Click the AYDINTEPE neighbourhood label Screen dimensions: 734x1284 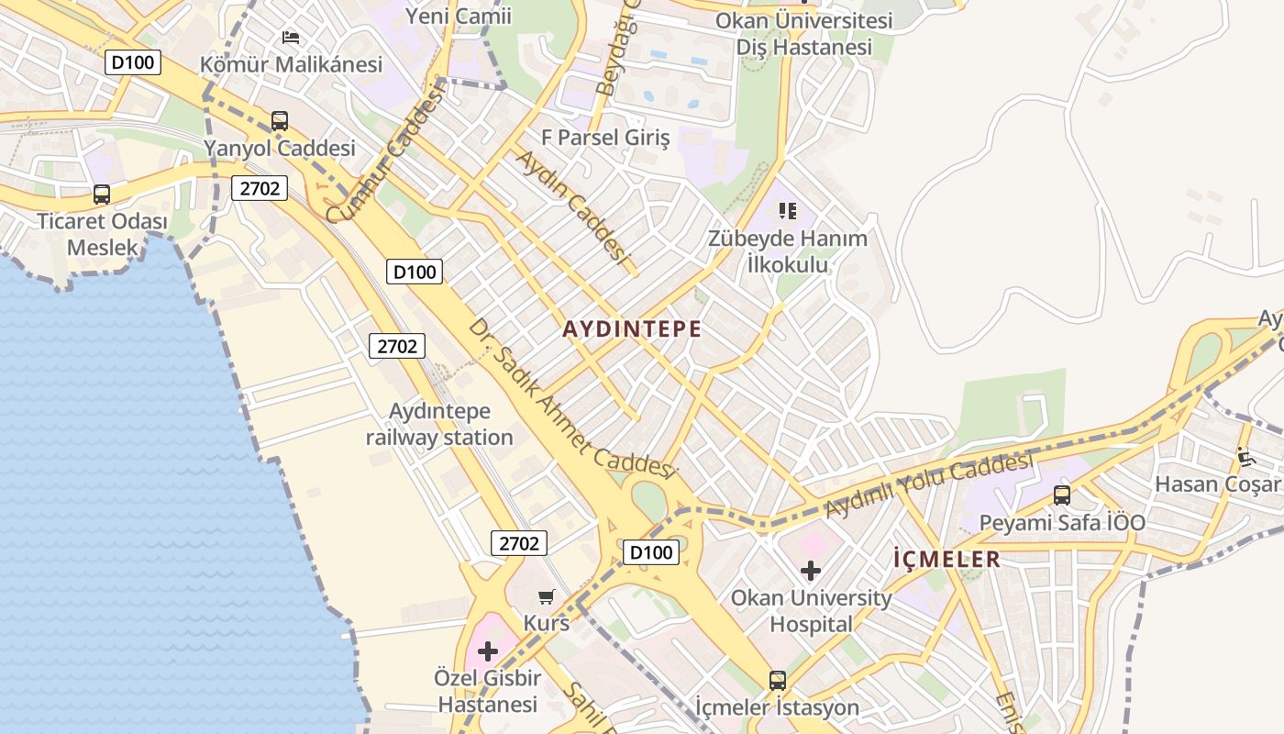pyautogui.click(x=632, y=329)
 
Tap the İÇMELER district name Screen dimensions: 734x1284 pyautogui.click(x=946, y=559)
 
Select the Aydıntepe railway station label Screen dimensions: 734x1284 pyautogui.click(x=439, y=424)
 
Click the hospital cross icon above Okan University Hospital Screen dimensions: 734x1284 pyautogui.click(x=811, y=571)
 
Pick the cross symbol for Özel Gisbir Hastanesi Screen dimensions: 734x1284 pyautogui.click(x=488, y=651)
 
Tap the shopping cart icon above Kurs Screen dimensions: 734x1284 pyautogui.click(x=547, y=597)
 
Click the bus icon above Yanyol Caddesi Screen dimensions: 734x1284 pyautogui.click(x=280, y=121)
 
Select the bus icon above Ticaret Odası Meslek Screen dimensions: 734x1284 pyautogui.click(x=102, y=195)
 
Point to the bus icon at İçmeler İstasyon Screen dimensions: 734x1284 pyautogui.click(x=778, y=681)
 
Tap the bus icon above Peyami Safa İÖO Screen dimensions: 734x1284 pyautogui.click(x=1062, y=495)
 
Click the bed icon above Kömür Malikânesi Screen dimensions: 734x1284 pyautogui.click(x=291, y=38)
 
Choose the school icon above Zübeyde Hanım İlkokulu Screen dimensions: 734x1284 pyautogui.click(x=787, y=212)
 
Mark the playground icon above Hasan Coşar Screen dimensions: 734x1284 pyautogui.click(x=1245, y=456)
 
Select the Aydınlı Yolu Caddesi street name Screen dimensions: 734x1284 pyautogui.click(x=928, y=483)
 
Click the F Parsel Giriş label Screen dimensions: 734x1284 pyautogui.click(x=605, y=138)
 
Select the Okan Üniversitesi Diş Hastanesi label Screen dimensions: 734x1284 pyautogui.click(x=804, y=33)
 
